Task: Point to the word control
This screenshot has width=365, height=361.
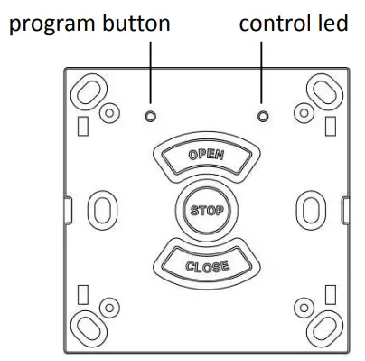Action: point(271,24)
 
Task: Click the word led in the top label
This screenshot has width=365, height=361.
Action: point(332,24)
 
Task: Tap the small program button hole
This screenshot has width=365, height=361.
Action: point(150,117)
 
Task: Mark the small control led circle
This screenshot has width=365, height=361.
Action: point(262,117)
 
